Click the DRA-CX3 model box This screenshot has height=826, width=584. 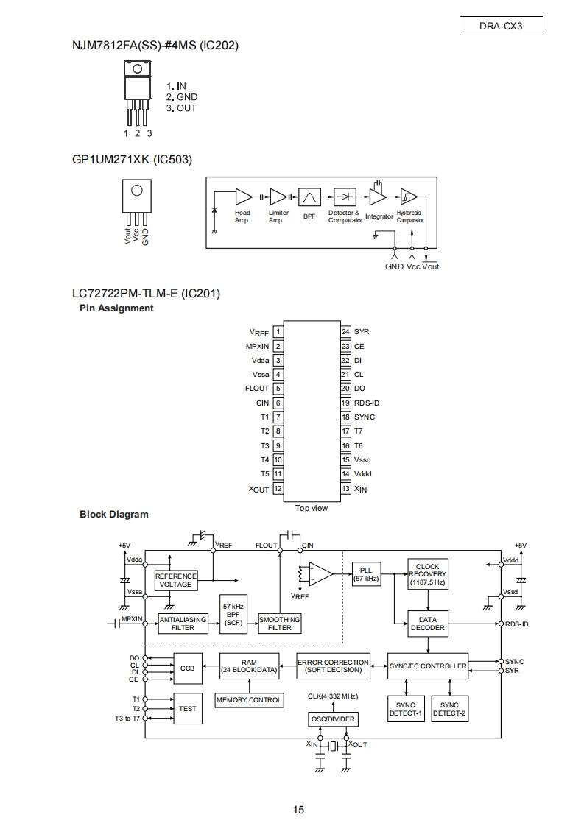(x=502, y=26)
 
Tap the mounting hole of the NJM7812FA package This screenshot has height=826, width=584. (x=137, y=68)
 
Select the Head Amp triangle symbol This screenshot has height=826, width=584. (x=244, y=197)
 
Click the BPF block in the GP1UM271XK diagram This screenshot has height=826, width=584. (x=309, y=197)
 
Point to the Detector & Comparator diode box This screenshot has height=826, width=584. (x=345, y=197)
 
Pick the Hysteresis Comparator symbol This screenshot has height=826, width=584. (x=409, y=197)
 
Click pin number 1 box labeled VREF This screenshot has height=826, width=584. (x=278, y=332)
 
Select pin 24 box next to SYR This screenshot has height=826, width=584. (x=345, y=332)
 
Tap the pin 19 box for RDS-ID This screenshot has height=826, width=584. (x=345, y=403)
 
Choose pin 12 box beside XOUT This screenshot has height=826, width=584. (x=278, y=488)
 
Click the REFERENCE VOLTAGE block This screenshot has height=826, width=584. (x=175, y=580)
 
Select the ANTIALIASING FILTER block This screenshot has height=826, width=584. (x=183, y=624)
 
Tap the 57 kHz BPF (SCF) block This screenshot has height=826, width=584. (x=233, y=615)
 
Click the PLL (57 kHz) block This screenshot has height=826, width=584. (x=366, y=574)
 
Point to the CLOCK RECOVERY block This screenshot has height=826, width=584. (x=427, y=574)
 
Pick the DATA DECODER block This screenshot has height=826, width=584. (x=427, y=624)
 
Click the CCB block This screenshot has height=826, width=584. (x=187, y=668)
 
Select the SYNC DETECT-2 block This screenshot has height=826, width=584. (x=449, y=709)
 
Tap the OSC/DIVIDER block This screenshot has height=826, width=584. (x=333, y=719)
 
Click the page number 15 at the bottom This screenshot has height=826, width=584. (x=298, y=811)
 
